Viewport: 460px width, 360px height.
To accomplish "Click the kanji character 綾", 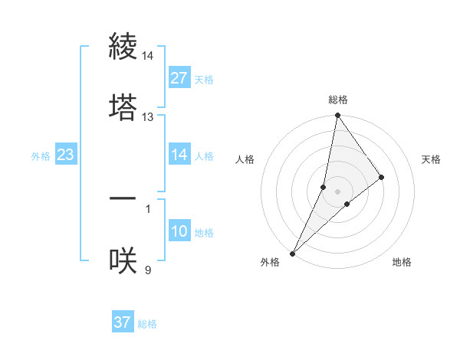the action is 123,48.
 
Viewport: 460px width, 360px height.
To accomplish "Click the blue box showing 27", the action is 179,78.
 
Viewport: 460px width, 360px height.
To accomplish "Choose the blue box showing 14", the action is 179,155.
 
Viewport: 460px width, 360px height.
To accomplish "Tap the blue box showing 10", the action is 179,232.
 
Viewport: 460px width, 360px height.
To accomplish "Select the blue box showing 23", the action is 65,155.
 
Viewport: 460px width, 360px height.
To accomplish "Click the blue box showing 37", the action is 122,322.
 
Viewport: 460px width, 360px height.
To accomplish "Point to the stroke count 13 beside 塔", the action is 148,117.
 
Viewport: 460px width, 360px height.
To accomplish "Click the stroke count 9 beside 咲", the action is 148,269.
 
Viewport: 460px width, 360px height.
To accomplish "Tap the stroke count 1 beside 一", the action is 148,208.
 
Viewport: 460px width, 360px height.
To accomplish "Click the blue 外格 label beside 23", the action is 41,155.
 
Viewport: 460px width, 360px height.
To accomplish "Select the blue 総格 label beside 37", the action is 147,324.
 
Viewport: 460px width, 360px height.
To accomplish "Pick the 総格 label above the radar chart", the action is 338,100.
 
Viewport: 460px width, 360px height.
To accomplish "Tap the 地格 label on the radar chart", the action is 402,262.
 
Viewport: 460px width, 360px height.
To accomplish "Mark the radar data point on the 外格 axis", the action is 292,253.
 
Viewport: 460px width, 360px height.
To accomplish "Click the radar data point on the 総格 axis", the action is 337,116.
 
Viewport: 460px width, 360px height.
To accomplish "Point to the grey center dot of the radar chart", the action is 338,191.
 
